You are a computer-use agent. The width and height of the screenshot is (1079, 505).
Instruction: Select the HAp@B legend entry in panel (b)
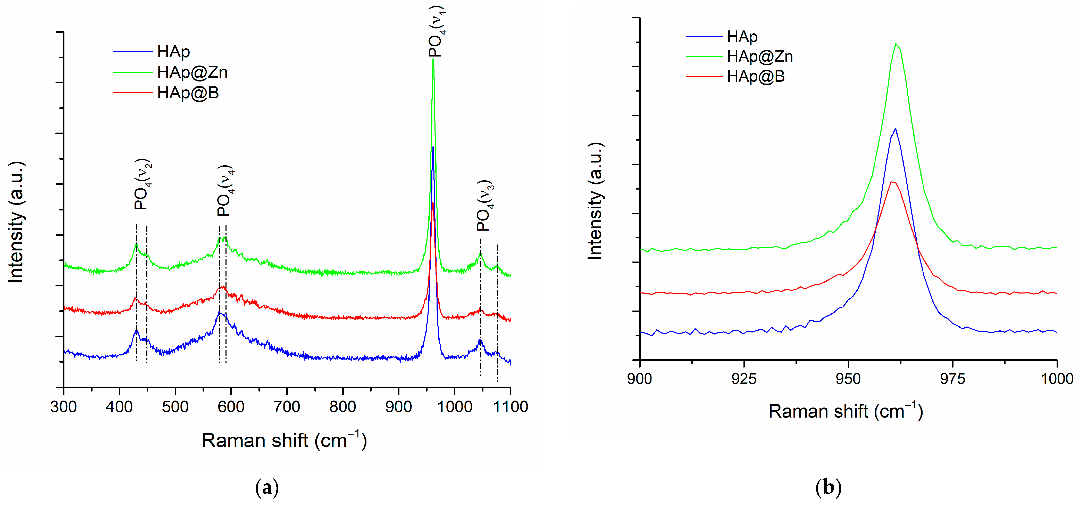[755, 76]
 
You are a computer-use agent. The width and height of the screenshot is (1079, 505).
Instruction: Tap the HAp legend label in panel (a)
[173, 52]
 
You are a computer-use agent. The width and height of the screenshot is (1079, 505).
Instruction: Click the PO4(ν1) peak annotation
[437, 31]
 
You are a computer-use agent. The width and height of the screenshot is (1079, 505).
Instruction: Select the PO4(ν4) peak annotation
[225, 191]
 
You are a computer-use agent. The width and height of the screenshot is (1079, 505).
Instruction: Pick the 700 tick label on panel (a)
[287, 406]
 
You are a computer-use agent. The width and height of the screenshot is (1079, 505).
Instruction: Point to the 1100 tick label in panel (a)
[510, 406]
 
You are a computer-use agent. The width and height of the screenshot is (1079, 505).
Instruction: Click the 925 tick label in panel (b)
[744, 379]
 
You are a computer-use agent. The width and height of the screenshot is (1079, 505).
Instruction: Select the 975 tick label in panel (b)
[952, 379]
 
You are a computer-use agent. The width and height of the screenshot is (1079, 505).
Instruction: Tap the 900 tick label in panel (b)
[640, 379]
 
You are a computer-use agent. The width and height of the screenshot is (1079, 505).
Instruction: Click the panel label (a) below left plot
[267, 488]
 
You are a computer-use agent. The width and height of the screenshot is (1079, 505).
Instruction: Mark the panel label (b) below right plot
[828, 488]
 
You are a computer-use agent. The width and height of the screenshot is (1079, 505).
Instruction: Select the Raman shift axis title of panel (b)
[845, 412]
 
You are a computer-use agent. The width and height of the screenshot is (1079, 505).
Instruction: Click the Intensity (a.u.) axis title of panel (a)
[16, 222]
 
